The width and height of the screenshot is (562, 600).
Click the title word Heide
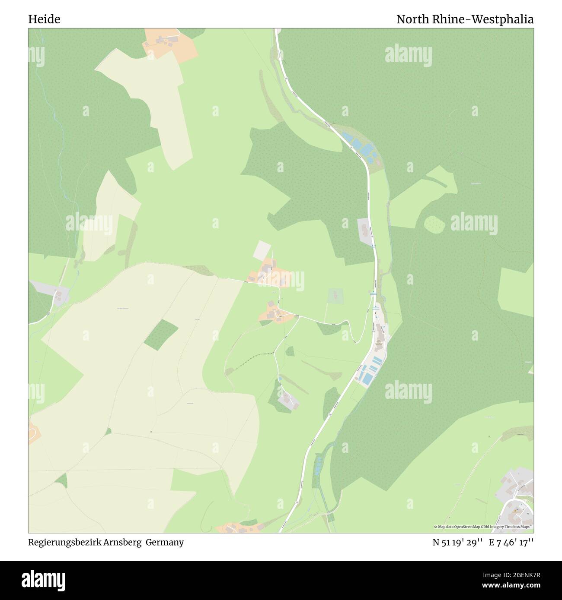click(x=44, y=19)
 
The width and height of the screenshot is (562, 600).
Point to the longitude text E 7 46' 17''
click(x=511, y=542)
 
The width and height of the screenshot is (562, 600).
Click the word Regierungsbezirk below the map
click(x=65, y=542)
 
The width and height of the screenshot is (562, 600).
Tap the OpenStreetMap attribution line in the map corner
click(x=483, y=527)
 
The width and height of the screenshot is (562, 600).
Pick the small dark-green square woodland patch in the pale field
click(x=160, y=335)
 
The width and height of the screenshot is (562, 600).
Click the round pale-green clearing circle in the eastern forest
click(x=434, y=224)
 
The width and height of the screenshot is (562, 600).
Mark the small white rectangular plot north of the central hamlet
click(x=262, y=251)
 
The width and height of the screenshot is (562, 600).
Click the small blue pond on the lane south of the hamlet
click(x=280, y=378)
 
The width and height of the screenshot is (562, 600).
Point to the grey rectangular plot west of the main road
click(x=364, y=227)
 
